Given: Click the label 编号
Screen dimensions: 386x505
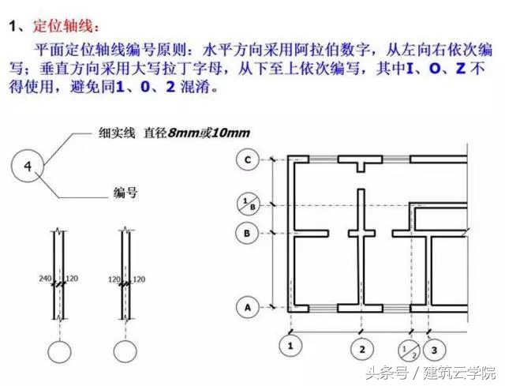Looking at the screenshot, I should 125,193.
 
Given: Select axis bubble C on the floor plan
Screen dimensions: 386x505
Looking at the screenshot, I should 248,160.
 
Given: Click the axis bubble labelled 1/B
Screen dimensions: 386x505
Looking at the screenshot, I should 248,204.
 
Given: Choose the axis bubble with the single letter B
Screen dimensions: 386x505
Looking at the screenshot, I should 248,234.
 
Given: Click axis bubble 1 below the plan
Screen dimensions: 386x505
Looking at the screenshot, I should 293,347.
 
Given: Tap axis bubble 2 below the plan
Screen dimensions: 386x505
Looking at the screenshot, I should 361,347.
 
